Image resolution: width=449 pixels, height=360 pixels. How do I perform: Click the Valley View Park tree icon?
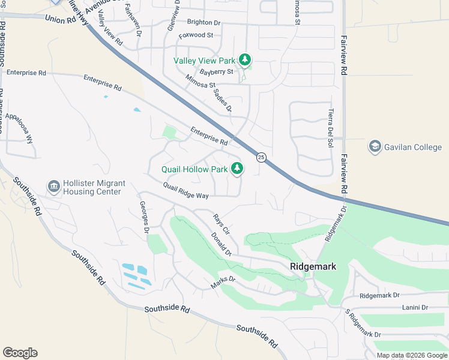click(244, 60)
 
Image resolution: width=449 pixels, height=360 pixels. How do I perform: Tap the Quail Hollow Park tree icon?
click(237, 169)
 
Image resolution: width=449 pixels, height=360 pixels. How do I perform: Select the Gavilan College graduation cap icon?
click(375, 147)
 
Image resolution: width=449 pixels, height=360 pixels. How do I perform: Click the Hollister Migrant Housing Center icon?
click(54, 187)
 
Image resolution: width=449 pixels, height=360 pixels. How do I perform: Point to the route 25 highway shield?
click(261, 157)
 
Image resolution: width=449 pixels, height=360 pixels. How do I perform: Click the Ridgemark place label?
click(313, 266)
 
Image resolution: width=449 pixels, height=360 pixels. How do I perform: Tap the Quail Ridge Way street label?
click(185, 191)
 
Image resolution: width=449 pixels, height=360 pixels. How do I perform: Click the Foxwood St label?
click(196, 35)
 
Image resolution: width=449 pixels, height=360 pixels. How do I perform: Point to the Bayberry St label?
click(215, 72)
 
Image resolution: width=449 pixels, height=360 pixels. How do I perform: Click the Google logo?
click(20, 353)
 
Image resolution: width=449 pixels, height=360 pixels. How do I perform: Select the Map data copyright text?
click(411, 355)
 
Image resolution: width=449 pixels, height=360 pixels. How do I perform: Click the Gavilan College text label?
click(414, 147)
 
